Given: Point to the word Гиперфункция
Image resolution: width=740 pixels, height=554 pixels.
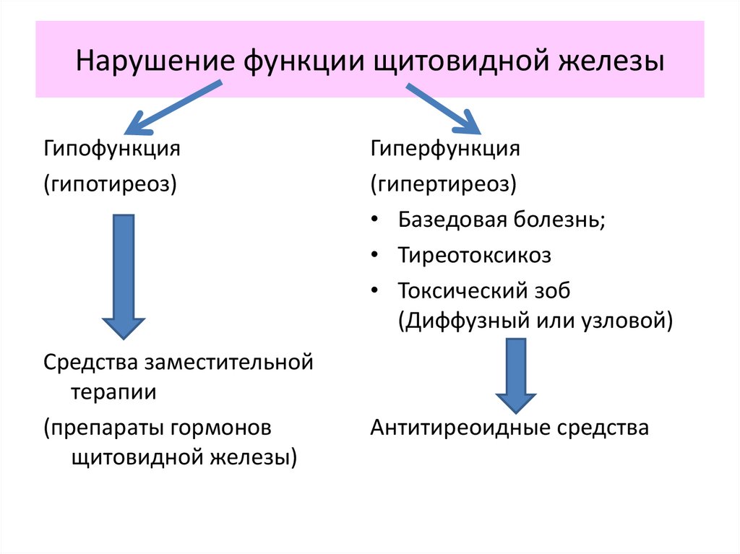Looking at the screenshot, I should [x=446, y=150].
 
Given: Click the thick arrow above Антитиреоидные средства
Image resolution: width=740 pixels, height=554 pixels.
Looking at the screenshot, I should [x=516, y=376].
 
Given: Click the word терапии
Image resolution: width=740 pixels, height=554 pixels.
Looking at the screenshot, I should [x=113, y=391].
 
